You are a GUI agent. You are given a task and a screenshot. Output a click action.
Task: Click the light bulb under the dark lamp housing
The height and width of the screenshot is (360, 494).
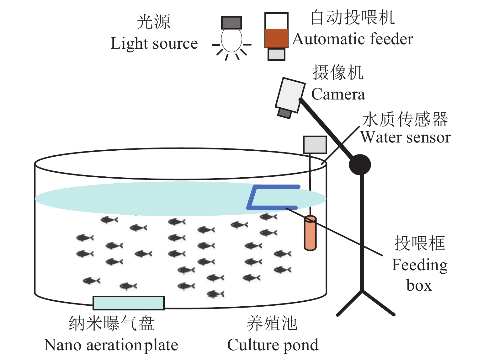tap(231, 40)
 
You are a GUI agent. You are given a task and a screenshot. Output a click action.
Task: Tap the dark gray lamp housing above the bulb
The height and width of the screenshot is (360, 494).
tap(231, 23)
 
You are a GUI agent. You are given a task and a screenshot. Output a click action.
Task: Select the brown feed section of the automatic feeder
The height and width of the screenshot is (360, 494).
tap(276, 38)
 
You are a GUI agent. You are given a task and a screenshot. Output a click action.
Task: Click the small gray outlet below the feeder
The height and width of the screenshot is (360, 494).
tap(276, 54)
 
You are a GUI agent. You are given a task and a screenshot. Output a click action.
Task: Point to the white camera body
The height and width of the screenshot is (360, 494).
tap(290, 95)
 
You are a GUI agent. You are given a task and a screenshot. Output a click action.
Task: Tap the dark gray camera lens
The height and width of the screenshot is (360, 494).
tap(284, 113)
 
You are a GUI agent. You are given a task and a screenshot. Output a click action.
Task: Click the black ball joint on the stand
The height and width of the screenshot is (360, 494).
tap(360, 164)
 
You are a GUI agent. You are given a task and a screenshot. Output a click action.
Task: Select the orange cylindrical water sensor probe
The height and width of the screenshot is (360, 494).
tap(310, 233)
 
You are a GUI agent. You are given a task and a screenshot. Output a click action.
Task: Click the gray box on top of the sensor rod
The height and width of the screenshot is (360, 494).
tap(315, 145)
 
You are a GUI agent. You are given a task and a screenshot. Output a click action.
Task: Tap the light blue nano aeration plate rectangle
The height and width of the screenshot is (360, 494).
tap(129, 303)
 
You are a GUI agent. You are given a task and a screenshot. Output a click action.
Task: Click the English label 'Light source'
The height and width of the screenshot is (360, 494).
tap(154, 43)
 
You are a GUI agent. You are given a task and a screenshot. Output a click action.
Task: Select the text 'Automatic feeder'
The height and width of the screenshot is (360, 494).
tap(353, 39)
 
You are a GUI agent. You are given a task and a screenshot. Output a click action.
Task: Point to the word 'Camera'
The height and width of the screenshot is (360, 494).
tap(338, 94)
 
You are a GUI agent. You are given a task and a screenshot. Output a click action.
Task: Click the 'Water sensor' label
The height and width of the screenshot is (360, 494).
tap(405, 137)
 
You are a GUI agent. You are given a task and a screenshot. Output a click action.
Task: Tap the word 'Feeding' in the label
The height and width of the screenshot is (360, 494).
tap(420, 265)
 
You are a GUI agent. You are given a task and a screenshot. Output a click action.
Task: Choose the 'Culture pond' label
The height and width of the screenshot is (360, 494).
tap(273, 345)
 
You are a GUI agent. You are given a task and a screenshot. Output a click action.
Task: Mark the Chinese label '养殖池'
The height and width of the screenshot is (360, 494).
tap(272, 323)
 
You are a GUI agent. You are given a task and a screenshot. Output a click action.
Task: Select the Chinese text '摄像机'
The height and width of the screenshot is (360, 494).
tap(338, 73)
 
